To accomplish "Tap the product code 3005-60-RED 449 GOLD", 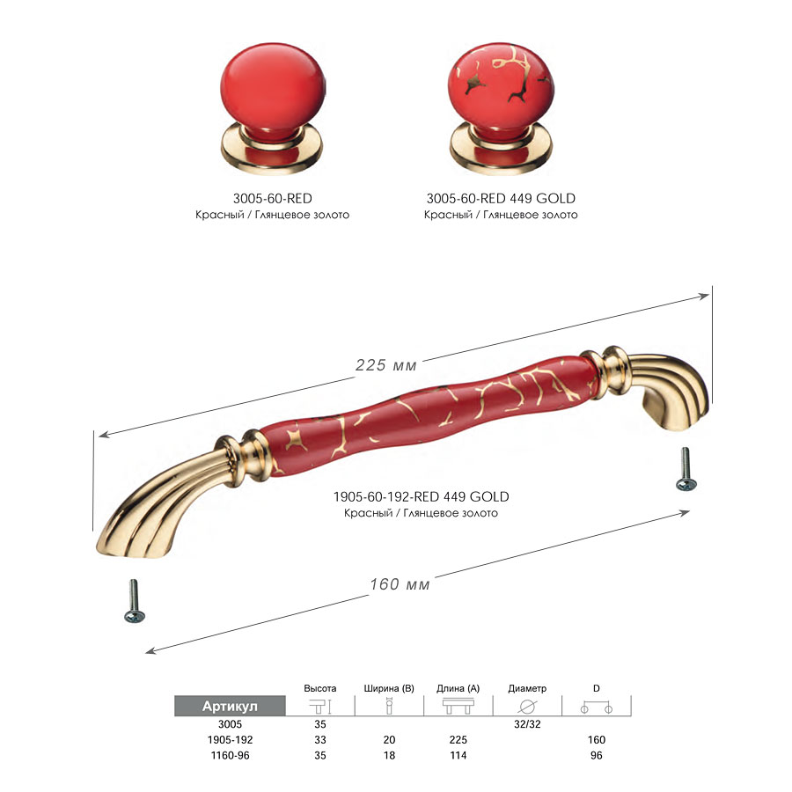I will [x=501, y=198].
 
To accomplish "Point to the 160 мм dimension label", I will [x=400, y=583].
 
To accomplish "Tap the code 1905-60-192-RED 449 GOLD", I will [x=421, y=496].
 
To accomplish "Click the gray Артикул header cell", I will [x=230, y=706].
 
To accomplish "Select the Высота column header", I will [x=320, y=688].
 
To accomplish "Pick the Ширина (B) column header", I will [x=388, y=688].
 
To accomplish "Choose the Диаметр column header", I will [x=527, y=688].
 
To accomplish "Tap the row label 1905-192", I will [x=230, y=739].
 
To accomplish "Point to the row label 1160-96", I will [x=230, y=755].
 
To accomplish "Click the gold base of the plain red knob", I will [x=272, y=152].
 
